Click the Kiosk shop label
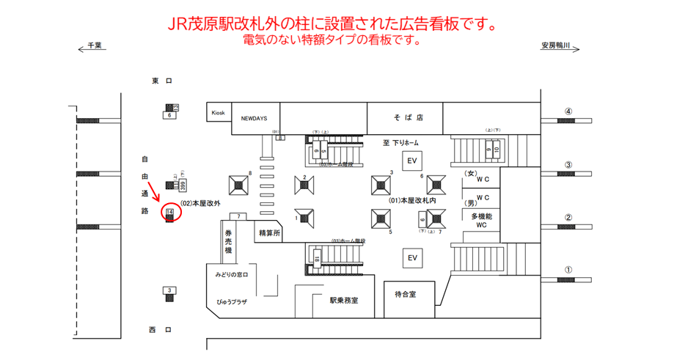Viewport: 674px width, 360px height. (x=219, y=113)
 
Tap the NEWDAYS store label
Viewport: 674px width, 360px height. (x=254, y=117)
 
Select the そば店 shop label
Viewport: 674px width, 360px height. (x=408, y=117)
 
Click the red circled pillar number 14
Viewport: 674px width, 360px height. (x=170, y=212)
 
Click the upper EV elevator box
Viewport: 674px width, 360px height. (x=412, y=161)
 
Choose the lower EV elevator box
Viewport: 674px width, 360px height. (x=412, y=258)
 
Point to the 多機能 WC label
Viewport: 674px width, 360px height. (x=482, y=220)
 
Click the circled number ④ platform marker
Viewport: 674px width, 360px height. (x=568, y=112)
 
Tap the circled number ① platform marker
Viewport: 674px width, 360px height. (x=568, y=270)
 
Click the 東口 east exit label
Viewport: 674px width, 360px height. (x=161, y=81)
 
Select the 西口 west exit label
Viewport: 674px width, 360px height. (x=161, y=330)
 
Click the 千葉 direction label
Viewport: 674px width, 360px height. (x=93, y=45)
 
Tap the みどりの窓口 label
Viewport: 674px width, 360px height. (x=232, y=275)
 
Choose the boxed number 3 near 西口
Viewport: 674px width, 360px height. (x=169, y=291)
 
